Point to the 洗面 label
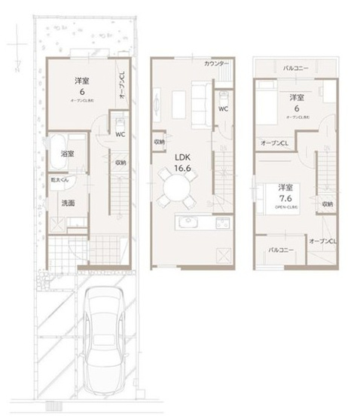[x=67, y=203]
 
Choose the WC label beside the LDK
[x=224, y=109]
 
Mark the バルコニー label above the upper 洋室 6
[x=294, y=69]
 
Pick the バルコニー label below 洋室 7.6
[x=280, y=249]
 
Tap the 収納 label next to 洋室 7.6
[x=327, y=203]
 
